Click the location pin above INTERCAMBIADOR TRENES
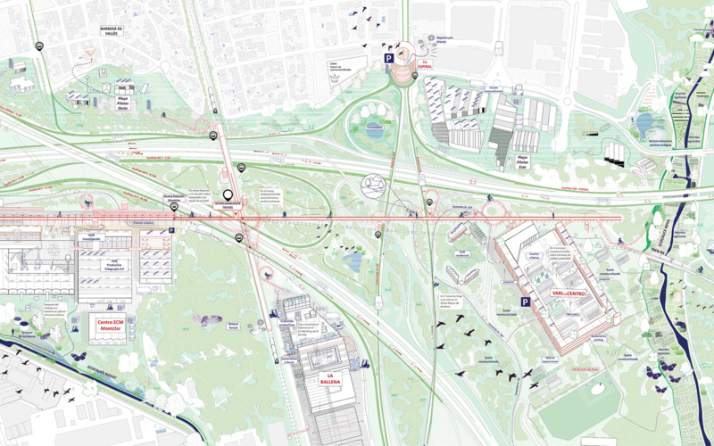click(x=228, y=194)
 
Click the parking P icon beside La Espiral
click(x=388, y=57)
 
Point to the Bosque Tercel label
click(x=236, y=326)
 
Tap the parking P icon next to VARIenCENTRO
click(x=526, y=302)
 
